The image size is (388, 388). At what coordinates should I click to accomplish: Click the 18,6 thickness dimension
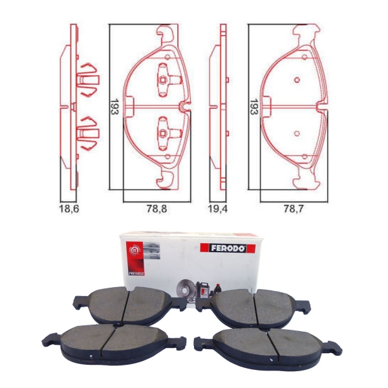pos(69,209)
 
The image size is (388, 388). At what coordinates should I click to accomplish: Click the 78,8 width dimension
pos(157,209)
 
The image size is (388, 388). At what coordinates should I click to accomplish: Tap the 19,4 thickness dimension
pos(218,209)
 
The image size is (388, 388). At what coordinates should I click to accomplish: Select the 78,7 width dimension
pos(293,209)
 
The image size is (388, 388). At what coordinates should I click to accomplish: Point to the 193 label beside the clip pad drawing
pos(114,107)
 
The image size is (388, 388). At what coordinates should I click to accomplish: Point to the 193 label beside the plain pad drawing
pos(254,107)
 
